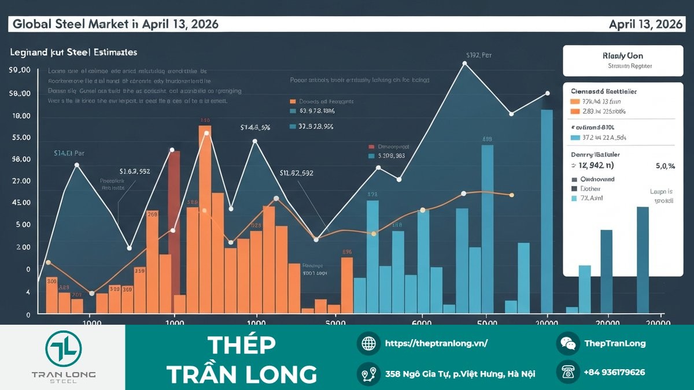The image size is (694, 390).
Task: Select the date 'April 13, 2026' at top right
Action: coord(645,24)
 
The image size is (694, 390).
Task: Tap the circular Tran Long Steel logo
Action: coord(64,348)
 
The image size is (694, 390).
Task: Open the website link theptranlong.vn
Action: coord(437,343)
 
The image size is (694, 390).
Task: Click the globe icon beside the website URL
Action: coord(368,343)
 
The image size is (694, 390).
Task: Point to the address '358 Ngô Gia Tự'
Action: coord(460,374)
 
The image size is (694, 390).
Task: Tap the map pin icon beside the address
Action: coord(368,374)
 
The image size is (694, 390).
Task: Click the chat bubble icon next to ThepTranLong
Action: coord(568,343)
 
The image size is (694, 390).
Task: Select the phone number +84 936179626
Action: coord(614,373)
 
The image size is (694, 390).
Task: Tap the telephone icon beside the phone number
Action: coord(568,373)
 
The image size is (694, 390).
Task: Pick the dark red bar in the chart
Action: coord(174,202)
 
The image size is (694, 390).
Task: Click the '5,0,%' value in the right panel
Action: coord(665,166)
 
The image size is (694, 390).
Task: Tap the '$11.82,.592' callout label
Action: coord(296,173)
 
